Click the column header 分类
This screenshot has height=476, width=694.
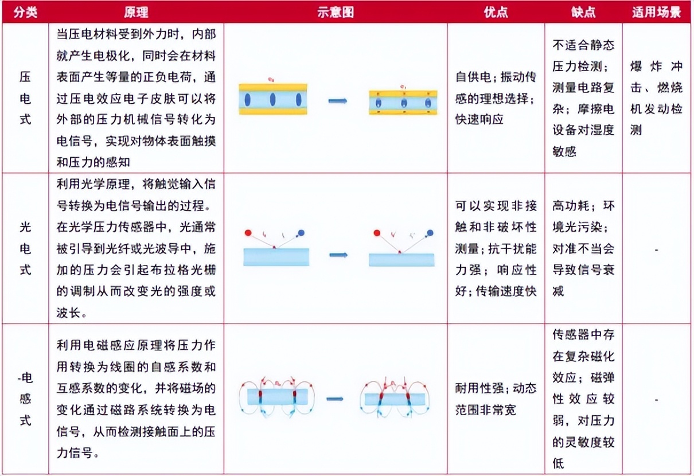click(x=25, y=12)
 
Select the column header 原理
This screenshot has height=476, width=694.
click(x=136, y=12)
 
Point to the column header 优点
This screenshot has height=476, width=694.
click(x=496, y=12)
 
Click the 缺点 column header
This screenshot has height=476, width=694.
click(x=583, y=12)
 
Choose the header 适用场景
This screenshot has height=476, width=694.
click(x=656, y=12)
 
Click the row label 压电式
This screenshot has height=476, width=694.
click(x=25, y=98)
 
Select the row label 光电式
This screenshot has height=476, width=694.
click(x=25, y=248)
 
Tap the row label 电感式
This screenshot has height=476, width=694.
click(x=25, y=400)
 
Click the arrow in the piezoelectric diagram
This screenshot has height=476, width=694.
click(x=338, y=101)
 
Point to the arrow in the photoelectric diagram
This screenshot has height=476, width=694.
click(x=338, y=255)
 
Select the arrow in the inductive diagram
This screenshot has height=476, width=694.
click(x=335, y=398)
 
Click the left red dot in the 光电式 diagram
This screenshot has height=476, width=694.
click(x=248, y=233)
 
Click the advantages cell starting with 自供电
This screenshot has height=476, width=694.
click(x=496, y=99)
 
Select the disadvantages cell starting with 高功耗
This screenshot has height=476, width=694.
click(x=583, y=248)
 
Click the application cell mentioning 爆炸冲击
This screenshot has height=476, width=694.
click(x=656, y=98)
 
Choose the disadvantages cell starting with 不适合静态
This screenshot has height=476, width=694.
click(x=583, y=98)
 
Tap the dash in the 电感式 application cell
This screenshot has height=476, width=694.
click(x=656, y=400)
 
